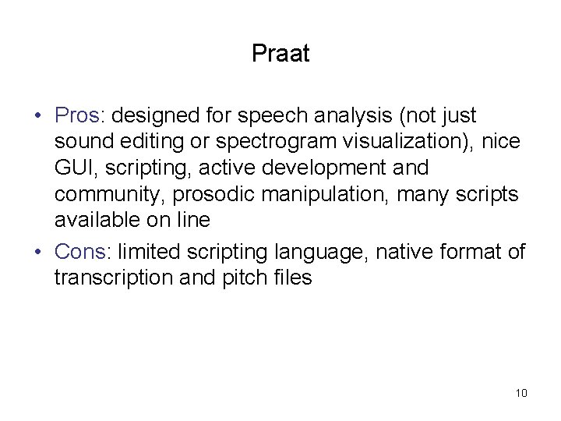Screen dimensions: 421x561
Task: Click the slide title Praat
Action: (280, 54)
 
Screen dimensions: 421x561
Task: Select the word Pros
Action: (76, 116)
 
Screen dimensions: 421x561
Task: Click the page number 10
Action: (520, 392)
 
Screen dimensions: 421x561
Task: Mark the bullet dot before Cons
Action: (38, 253)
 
